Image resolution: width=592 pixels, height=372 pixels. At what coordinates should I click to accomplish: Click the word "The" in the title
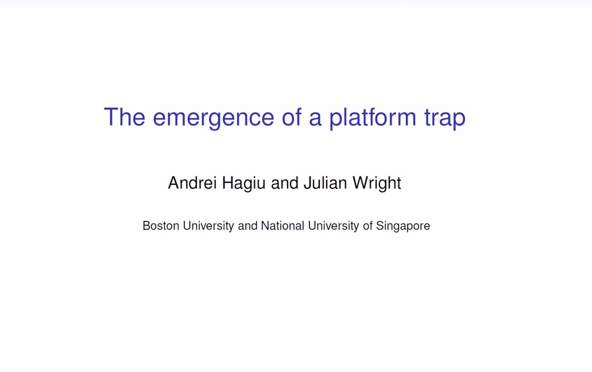[124, 117]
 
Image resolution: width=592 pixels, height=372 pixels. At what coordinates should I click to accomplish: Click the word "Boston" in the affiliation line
[161, 226]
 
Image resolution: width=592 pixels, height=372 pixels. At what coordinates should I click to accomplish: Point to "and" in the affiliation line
[248, 226]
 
